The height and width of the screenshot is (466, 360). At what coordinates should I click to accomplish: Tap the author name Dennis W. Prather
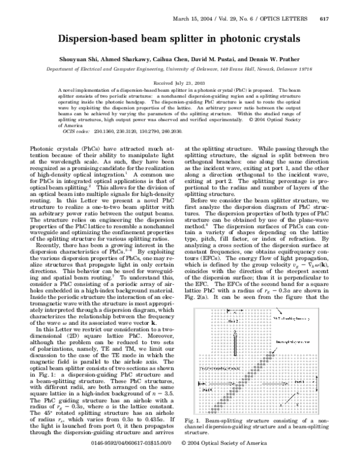[x=283, y=61]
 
